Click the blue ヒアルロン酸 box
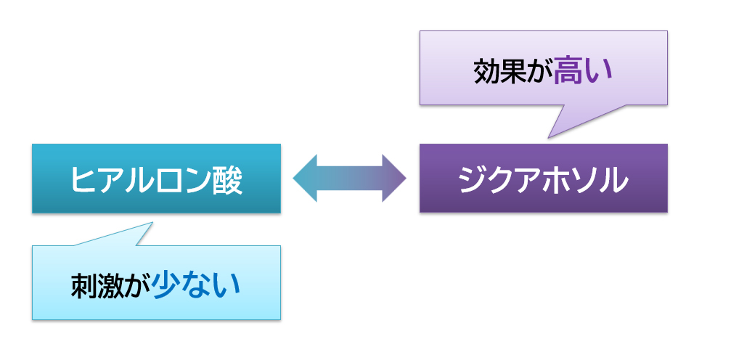click(x=156, y=178)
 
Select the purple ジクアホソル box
click(x=544, y=178)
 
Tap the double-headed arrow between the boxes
click(x=350, y=178)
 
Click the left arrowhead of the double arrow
click(x=305, y=178)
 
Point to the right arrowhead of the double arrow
click(x=394, y=178)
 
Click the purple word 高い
click(x=582, y=72)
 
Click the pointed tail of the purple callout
click(x=548, y=138)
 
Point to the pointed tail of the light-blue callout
click(x=152, y=222)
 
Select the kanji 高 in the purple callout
click(x=568, y=72)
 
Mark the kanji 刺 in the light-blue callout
click(x=84, y=285)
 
